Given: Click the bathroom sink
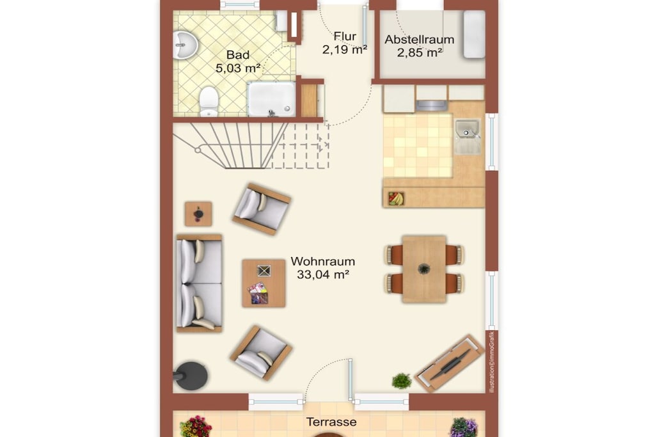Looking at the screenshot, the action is click(x=184, y=45).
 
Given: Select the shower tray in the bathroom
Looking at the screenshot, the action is click(x=271, y=99).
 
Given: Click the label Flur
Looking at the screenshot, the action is click(x=345, y=36).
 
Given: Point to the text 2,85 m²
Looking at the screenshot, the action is click(x=420, y=53).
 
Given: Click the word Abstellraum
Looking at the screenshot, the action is click(x=420, y=40).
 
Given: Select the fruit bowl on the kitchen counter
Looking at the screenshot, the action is click(x=396, y=198).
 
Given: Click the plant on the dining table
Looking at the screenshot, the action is click(x=423, y=268).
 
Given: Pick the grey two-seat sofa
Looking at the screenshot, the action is click(x=200, y=283).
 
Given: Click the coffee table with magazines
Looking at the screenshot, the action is click(x=264, y=283).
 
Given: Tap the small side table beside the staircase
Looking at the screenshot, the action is click(x=198, y=214).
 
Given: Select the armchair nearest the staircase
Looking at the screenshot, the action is click(x=262, y=209).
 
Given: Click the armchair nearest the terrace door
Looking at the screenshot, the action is click(x=261, y=352).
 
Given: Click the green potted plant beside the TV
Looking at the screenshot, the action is click(x=402, y=381).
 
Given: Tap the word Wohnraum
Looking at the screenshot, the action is click(x=323, y=262).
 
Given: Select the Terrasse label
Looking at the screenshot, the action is click(x=332, y=422).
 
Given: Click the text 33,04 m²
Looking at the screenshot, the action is click(x=323, y=274).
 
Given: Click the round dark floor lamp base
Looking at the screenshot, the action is click(x=191, y=375).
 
